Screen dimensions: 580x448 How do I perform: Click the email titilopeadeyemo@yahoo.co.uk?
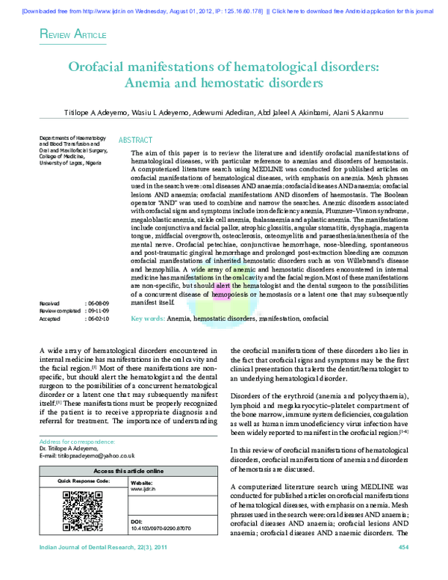pyautogui.click(x=87, y=455)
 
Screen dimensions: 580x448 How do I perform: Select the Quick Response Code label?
pyautogui.click(x=84, y=481)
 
